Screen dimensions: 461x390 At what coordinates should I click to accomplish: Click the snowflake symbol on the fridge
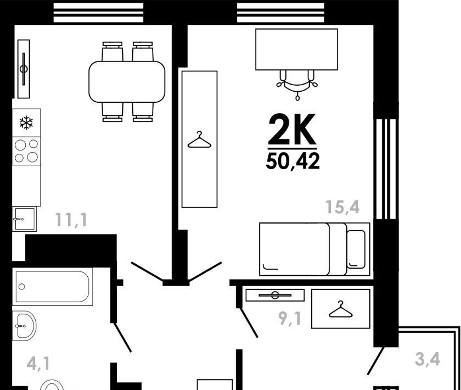coord(26,122)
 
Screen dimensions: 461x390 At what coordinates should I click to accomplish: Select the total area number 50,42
coord(293,161)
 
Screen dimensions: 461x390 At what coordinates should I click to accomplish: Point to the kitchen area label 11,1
coord(71,220)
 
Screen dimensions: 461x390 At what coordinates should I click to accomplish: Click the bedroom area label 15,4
coord(342,207)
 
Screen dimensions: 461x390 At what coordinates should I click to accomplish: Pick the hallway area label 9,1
coord(290,319)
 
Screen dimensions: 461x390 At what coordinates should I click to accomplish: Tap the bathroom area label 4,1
coord(38,363)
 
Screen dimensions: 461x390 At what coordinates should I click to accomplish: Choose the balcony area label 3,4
coord(428,359)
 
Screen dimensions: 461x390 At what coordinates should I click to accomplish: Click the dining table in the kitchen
coord(127,81)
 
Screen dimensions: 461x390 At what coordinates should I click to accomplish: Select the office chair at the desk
coord(297,85)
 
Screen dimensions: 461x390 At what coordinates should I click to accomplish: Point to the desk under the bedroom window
coord(297,49)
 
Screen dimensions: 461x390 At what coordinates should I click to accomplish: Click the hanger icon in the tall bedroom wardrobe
coord(200,140)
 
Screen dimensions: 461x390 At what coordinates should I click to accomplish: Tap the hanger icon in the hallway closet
coord(340,309)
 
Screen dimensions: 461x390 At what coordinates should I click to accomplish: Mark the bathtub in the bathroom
coord(52,286)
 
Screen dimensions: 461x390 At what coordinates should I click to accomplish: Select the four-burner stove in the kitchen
coord(26,151)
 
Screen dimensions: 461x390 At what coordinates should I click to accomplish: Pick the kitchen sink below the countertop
coord(24,219)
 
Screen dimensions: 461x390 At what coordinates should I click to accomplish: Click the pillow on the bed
coord(356,249)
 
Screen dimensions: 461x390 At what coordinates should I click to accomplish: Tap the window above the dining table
coord(98,13)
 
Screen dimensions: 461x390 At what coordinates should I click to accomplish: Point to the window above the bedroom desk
coord(281,13)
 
